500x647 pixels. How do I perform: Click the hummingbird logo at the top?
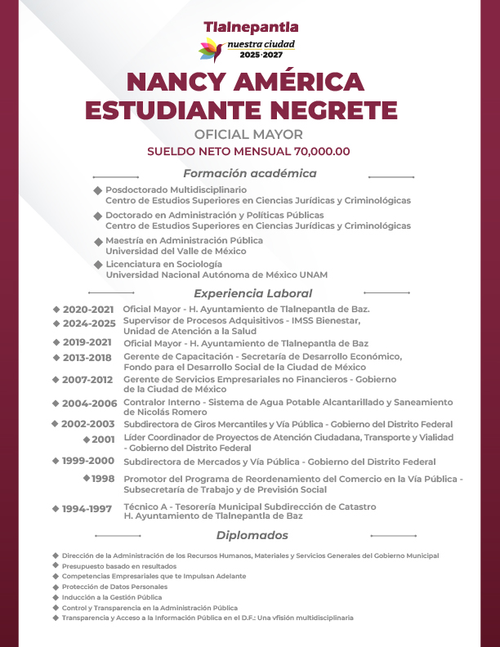[211, 49]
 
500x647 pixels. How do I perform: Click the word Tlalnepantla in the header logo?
[250, 27]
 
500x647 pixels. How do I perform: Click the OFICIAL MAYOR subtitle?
[249, 134]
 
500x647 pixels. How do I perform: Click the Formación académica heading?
[249, 173]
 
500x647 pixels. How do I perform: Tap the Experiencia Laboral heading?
[252, 293]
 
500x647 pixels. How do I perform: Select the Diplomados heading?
[252, 536]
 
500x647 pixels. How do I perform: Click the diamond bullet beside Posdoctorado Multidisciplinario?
[98, 190]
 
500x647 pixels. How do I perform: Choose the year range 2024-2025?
[88, 323]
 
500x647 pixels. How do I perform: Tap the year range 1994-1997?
[87, 509]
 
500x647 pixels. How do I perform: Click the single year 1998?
[103, 479]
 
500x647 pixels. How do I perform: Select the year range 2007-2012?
[87, 380]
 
